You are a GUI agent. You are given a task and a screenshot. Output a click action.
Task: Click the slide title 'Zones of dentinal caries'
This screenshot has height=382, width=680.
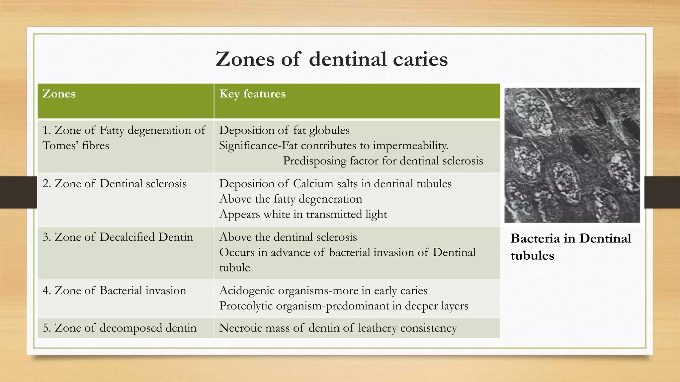click(331, 59)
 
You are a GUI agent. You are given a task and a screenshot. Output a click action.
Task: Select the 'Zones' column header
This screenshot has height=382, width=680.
click(59, 94)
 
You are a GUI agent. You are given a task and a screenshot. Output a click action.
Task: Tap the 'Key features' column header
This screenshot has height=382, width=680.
click(252, 94)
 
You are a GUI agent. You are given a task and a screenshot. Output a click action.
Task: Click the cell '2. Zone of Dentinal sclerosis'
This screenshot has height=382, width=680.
click(115, 184)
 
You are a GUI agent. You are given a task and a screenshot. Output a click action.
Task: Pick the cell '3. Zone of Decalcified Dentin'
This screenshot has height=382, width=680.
click(118, 237)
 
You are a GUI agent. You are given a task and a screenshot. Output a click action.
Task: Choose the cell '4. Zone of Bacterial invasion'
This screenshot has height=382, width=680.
click(114, 290)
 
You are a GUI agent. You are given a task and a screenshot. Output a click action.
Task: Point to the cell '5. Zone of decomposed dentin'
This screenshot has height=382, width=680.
click(120, 328)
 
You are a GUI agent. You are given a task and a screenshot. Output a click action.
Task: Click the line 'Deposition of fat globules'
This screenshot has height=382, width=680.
click(284, 130)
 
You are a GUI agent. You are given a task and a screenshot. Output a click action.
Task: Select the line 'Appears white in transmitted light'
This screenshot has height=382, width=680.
click(303, 214)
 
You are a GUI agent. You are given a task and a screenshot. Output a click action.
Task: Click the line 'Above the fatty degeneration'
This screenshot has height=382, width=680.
click(291, 199)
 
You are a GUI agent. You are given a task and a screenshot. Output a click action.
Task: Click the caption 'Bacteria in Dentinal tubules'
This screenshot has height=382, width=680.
click(570, 247)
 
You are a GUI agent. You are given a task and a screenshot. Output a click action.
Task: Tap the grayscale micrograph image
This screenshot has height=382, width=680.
click(572, 155)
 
